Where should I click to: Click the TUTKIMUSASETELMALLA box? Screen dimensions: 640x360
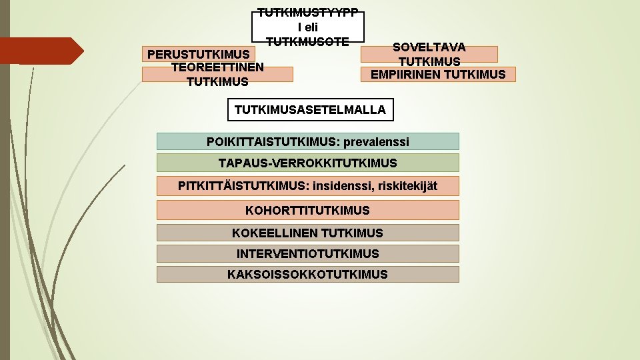310,110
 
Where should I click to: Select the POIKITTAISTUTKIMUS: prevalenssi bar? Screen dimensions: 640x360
307,141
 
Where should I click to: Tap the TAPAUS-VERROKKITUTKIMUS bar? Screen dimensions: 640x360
307,163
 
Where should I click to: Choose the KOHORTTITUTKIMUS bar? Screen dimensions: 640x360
307,210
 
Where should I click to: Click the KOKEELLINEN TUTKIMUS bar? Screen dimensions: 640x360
307,233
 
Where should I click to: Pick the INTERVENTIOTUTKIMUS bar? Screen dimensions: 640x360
307,253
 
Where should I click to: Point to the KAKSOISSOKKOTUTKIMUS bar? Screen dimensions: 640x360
307,274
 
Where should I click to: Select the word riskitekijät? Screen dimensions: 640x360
408,185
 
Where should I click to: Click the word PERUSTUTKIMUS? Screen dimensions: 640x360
199,53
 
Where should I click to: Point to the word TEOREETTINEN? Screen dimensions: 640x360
217,67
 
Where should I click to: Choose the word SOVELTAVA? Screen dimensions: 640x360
429,47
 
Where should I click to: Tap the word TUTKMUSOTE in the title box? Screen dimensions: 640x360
307,41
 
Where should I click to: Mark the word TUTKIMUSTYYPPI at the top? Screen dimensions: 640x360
308,13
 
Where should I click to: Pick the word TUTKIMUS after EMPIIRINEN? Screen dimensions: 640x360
474,74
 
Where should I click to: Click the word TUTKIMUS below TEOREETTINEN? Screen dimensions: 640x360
217,81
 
